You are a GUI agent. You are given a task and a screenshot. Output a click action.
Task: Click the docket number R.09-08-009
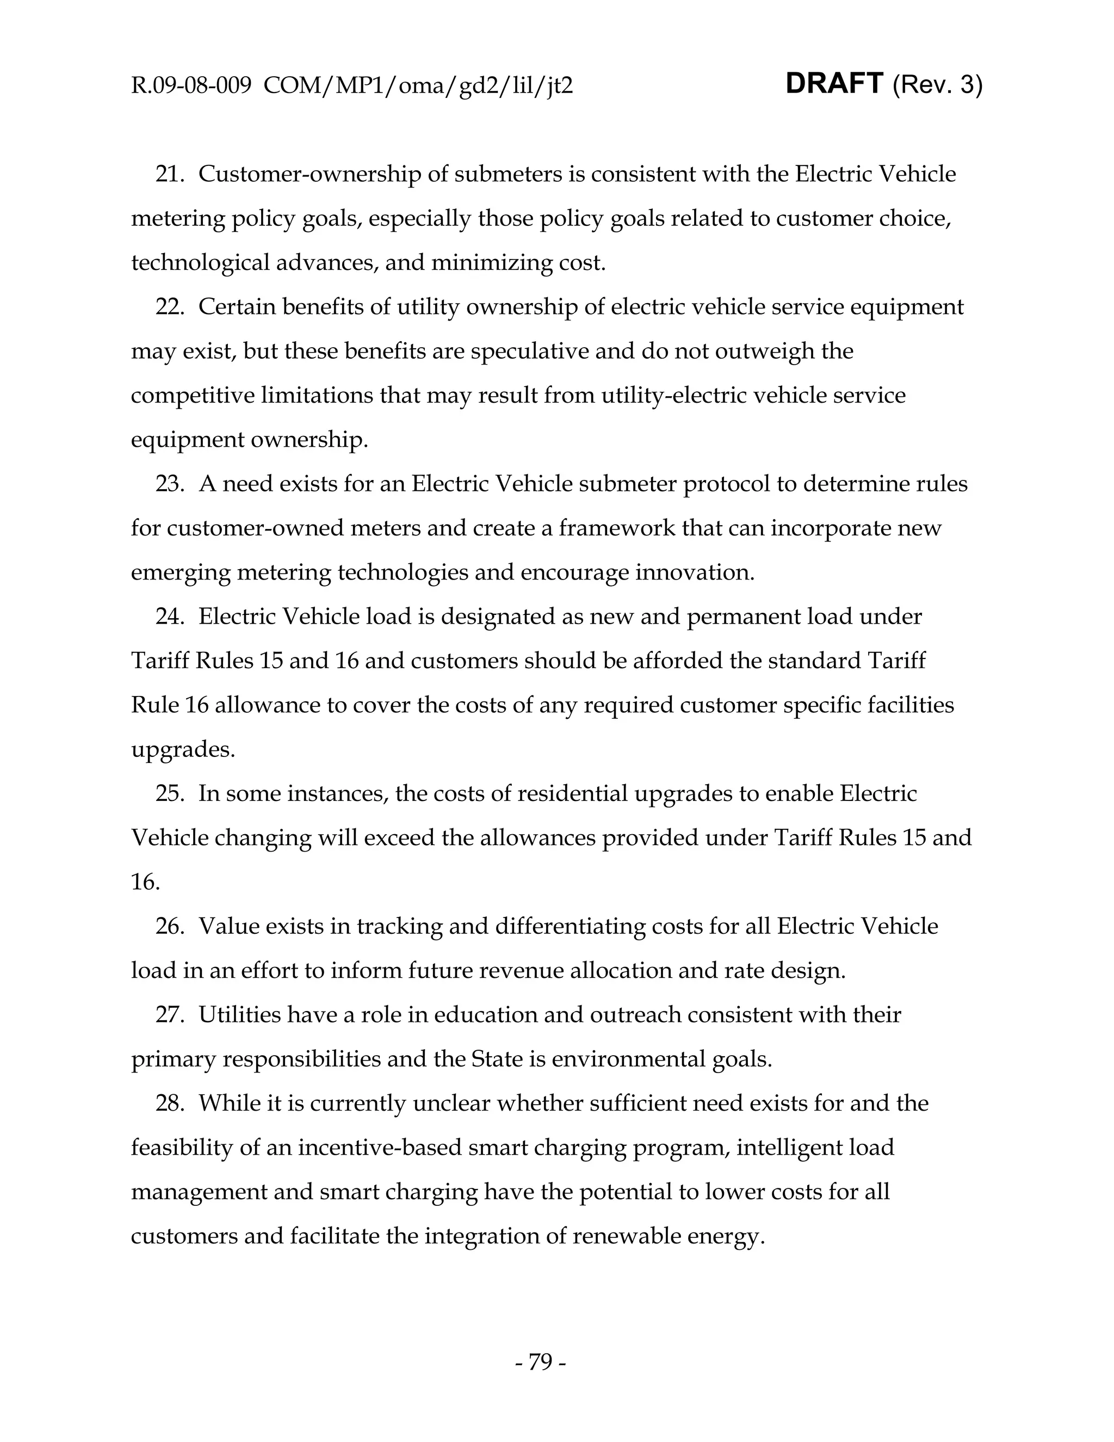coord(191,86)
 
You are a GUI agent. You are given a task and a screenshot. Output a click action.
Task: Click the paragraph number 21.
coord(169,174)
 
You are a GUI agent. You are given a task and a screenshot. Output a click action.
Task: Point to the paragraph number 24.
coord(169,617)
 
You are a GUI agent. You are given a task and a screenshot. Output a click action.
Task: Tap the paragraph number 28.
coord(169,1104)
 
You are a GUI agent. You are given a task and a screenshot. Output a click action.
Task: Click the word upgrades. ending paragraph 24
coord(183,750)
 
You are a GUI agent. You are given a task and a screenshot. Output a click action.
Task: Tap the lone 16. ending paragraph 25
coord(145,883)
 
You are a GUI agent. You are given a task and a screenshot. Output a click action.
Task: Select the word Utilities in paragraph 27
coord(239,1015)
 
